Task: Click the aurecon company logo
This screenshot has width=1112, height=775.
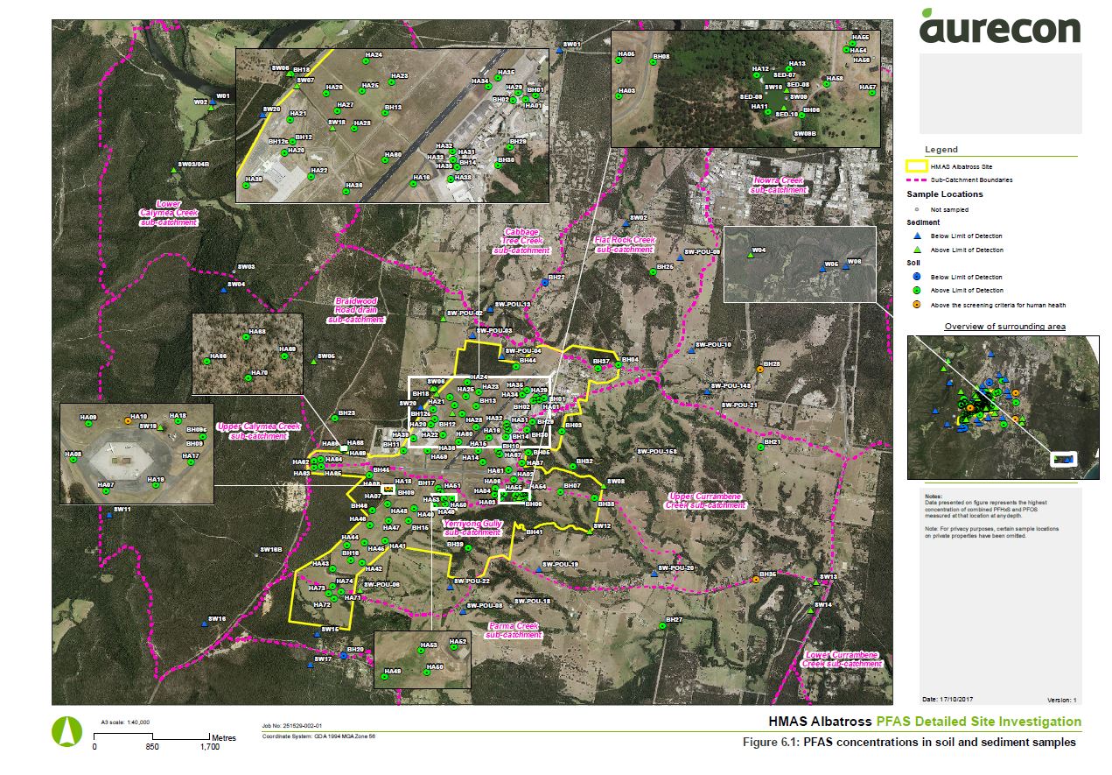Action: (x=999, y=26)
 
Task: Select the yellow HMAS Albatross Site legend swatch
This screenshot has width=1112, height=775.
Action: (x=916, y=166)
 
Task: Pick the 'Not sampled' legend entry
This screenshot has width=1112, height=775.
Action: (x=949, y=210)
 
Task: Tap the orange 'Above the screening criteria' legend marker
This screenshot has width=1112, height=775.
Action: (x=915, y=305)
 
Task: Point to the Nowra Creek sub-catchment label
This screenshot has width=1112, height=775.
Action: (x=779, y=185)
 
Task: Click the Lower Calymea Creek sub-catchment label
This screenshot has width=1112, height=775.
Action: (x=168, y=213)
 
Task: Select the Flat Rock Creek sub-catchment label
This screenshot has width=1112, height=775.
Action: (x=625, y=244)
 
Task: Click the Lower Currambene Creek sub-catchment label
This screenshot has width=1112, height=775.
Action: (x=841, y=659)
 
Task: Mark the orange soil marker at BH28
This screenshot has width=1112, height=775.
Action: (x=759, y=370)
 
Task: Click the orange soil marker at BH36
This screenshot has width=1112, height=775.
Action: (x=755, y=580)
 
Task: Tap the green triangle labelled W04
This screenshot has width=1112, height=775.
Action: (x=751, y=256)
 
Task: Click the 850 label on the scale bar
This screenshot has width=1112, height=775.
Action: (x=151, y=748)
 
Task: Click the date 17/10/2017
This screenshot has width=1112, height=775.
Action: (x=959, y=700)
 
